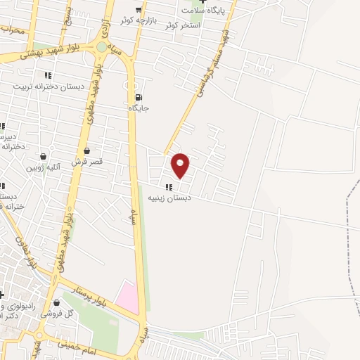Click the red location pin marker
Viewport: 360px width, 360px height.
point(181,165)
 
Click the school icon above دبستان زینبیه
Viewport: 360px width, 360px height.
point(168,186)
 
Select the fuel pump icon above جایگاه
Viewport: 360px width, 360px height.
point(138,97)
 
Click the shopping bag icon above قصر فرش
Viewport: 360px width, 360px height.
point(86,150)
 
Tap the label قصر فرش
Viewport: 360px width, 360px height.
point(87,161)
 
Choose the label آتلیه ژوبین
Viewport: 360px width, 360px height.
point(44,167)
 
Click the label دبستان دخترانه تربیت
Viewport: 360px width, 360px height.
point(48,86)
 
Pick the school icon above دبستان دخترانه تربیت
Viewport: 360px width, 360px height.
point(48,75)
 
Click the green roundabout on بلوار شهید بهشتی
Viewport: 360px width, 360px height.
point(103,47)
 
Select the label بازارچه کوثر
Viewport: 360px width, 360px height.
point(137,20)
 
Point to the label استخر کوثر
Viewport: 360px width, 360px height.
point(183,25)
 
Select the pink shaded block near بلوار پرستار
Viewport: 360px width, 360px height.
point(128,297)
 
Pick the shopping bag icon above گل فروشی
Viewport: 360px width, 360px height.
point(56,303)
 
